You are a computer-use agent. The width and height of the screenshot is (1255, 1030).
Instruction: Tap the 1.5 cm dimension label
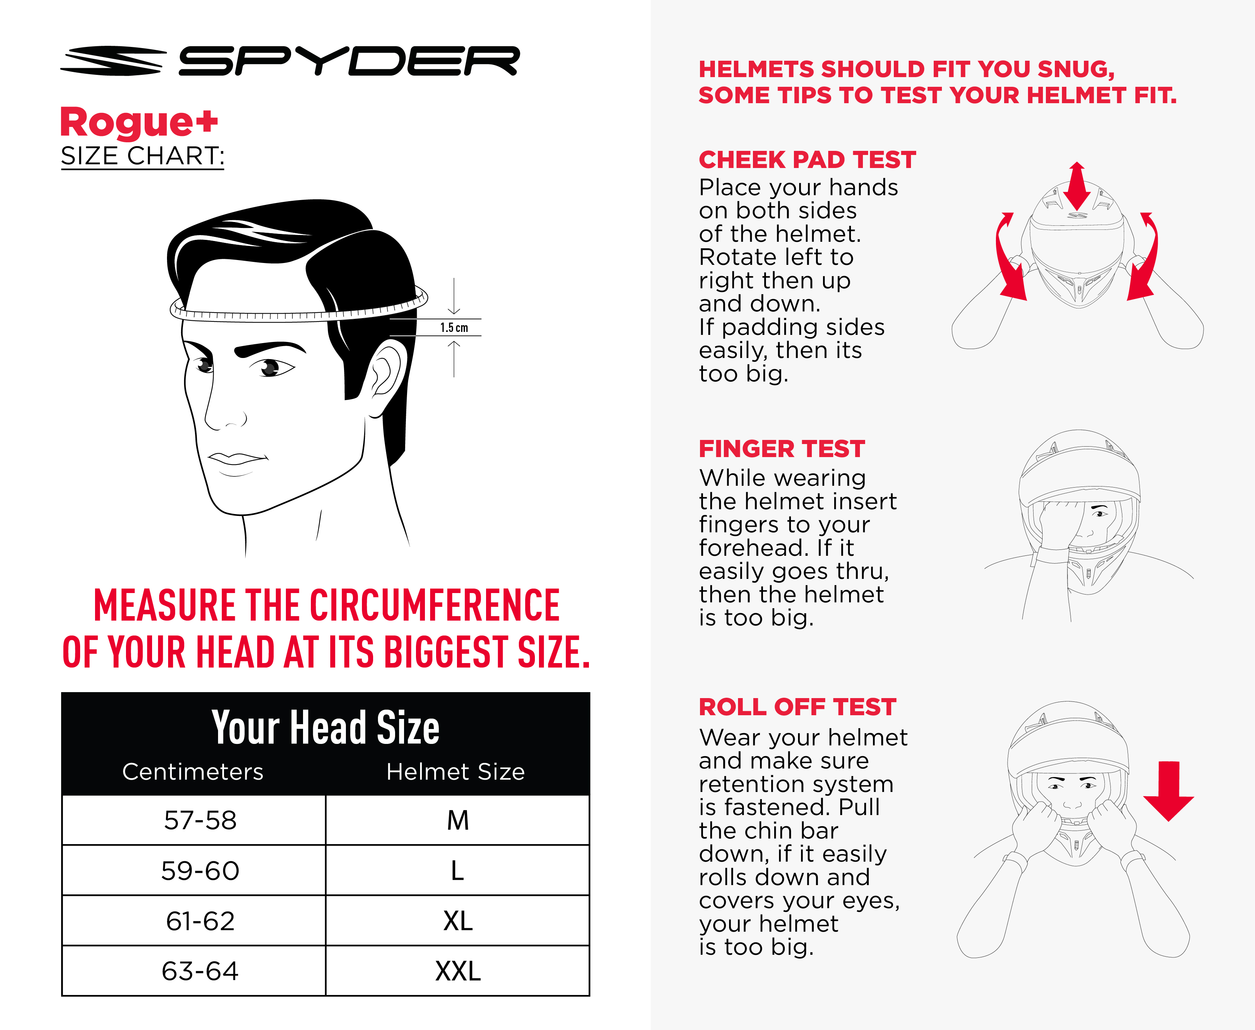tap(454, 327)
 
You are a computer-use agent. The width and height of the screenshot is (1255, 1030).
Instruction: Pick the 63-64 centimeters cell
tap(200, 971)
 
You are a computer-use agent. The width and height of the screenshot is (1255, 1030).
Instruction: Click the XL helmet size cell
tap(458, 921)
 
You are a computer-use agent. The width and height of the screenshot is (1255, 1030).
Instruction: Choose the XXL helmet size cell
tap(458, 971)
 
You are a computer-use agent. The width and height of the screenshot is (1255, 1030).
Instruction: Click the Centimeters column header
tap(193, 772)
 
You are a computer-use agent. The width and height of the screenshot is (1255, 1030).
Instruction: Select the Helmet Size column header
tap(455, 772)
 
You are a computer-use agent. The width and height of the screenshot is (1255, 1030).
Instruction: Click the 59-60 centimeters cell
tap(200, 871)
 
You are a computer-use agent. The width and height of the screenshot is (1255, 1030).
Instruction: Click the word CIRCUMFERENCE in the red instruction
tap(435, 605)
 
